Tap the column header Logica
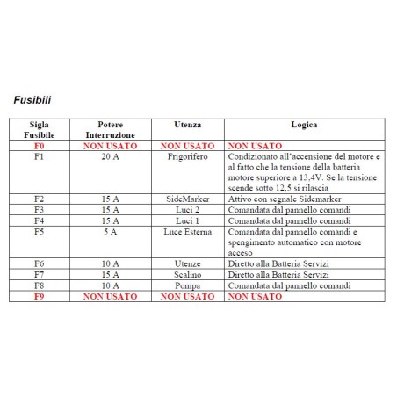pyautogui.click(x=304, y=126)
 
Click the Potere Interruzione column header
pyautogui.click(x=111, y=131)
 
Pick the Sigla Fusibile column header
pyautogui.click(x=39, y=131)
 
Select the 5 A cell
pyautogui.click(x=111, y=232)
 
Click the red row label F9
pyautogui.click(x=39, y=296)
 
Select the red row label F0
pyautogui.click(x=39, y=146)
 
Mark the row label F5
pyautogui.click(x=39, y=232)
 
